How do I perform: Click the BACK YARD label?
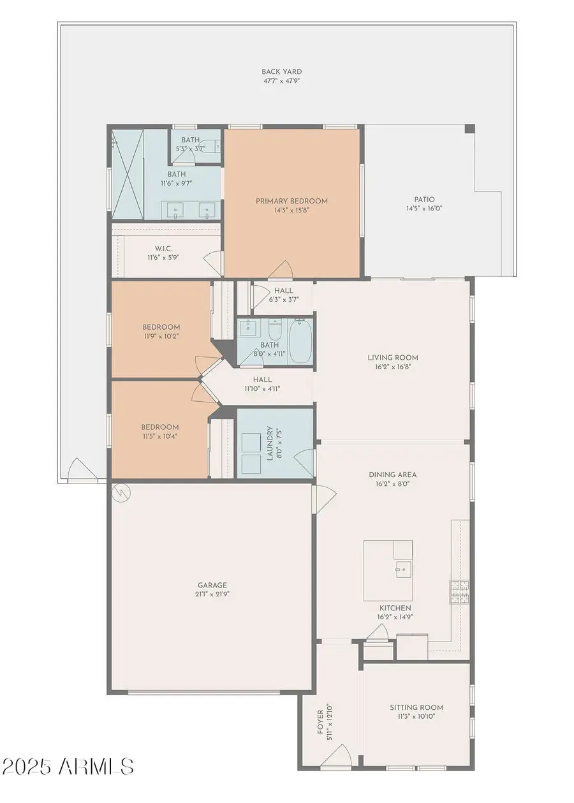point(281,71)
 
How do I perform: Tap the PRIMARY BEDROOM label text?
point(291,201)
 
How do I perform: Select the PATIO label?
point(425,200)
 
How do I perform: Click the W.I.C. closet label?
point(163,249)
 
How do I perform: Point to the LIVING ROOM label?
point(393,357)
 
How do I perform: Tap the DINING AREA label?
point(393,475)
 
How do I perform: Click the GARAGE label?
point(212,585)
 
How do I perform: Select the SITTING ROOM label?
point(416,707)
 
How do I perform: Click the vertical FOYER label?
point(320,721)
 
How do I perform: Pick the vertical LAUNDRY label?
point(270,443)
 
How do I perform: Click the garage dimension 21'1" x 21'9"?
point(212,594)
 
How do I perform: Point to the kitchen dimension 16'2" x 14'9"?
point(395,617)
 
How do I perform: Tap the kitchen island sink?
point(404,570)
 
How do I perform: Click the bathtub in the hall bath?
point(300,341)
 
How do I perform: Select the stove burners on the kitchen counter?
point(460,592)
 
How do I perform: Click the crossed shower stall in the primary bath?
point(128,174)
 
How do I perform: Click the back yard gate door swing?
point(82,469)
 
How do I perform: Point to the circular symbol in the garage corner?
point(121,493)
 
